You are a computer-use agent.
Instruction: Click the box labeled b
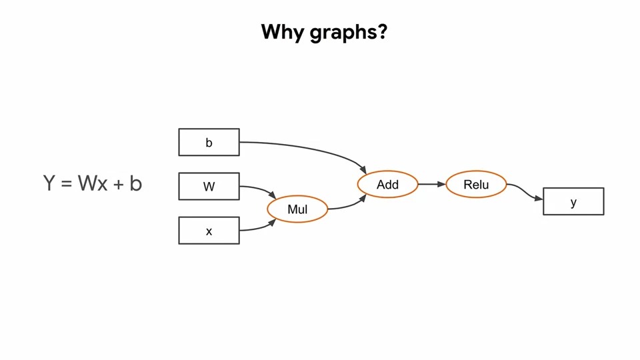[209, 142]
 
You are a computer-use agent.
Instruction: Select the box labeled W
[209, 186]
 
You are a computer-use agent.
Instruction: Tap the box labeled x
[209, 231]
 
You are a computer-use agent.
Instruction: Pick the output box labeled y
[573, 201]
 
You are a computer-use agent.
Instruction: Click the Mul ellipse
[297, 209]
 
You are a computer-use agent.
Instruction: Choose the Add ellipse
[387, 184]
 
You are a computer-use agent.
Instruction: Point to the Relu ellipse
[476, 184]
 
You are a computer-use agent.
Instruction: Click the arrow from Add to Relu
[431, 184]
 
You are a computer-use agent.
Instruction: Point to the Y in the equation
[49, 183]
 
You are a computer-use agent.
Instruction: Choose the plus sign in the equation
[118, 183]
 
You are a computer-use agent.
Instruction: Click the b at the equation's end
[135, 183]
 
